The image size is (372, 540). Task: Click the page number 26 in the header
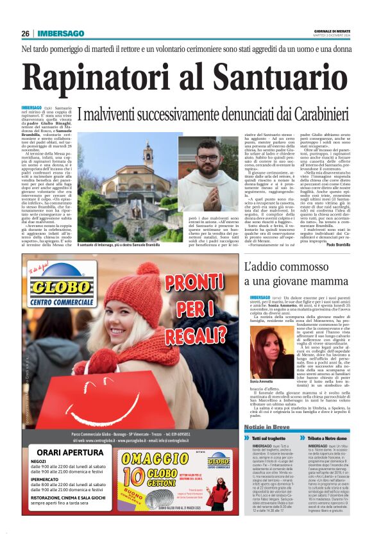pyautogui.click(x=26, y=33)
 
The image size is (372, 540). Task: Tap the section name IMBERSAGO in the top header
pyautogui.click(x=61, y=33)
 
